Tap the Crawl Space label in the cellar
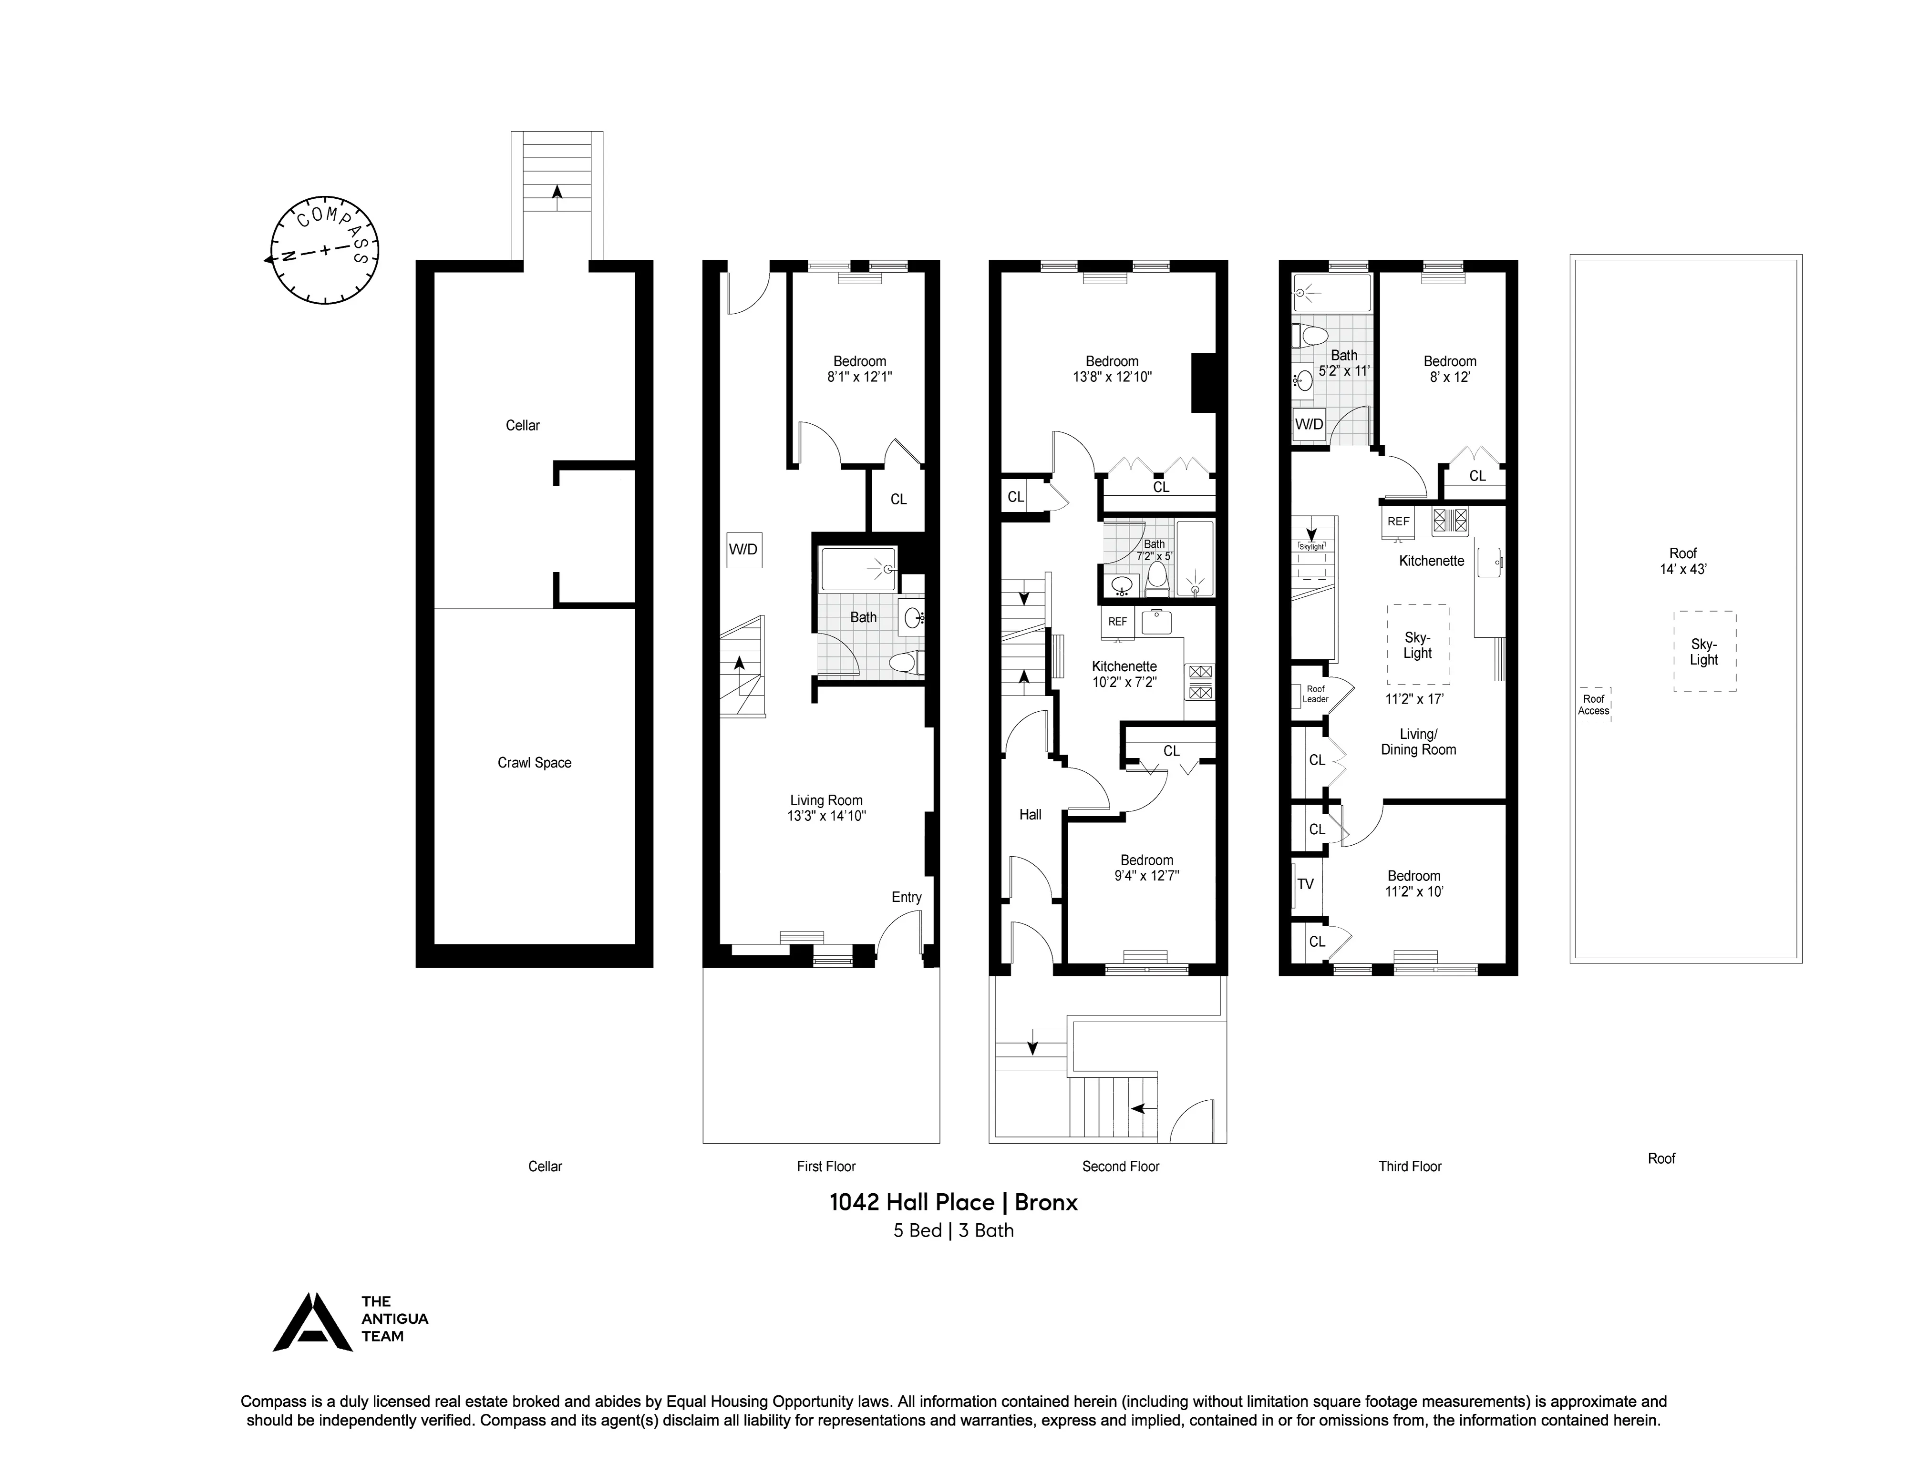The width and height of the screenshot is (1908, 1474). pyautogui.click(x=534, y=762)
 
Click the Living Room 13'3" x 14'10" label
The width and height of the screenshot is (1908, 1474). pyautogui.click(x=825, y=808)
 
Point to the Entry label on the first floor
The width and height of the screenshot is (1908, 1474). pyautogui.click(x=906, y=897)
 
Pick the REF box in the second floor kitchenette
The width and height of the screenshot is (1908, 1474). pyautogui.click(x=1117, y=622)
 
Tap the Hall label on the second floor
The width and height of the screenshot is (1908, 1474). pyautogui.click(x=1030, y=815)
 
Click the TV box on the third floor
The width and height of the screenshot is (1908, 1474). pyautogui.click(x=1305, y=884)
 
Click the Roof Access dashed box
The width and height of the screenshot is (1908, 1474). pyautogui.click(x=1593, y=704)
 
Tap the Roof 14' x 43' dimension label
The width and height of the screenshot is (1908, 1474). pyautogui.click(x=1682, y=561)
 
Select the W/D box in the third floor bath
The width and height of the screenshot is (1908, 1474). pyautogui.click(x=1309, y=424)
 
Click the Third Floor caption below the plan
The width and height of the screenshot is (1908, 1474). pyautogui.click(x=1409, y=1166)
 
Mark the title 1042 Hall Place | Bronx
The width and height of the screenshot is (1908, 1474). pyautogui.click(x=953, y=1202)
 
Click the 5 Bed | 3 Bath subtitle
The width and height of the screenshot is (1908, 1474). pyautogui.click(x=953, y=1230)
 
